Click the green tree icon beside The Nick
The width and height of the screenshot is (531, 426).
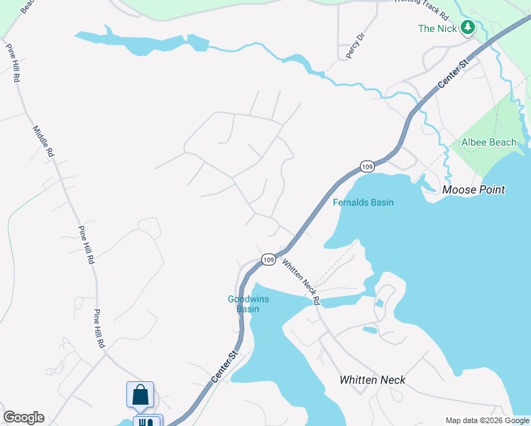point(467,28)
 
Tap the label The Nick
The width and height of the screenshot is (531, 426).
point(436,28)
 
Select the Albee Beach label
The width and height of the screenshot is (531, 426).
point(489,142)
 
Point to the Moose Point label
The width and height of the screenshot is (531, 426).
point(473,190)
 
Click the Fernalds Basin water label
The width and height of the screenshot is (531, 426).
point(363,202)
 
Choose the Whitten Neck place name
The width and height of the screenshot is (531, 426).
point(372,380)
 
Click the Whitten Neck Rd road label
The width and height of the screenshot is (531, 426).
point(302,282)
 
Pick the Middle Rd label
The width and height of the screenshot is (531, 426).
point(43,141)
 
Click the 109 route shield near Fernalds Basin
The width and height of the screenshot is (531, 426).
point(366,166)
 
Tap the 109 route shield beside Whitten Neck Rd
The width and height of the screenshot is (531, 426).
point(268,260)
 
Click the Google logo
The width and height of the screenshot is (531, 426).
point(23,417)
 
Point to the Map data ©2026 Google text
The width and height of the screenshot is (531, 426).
point(487,420)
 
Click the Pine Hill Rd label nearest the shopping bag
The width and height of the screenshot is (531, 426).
point(99,328)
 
